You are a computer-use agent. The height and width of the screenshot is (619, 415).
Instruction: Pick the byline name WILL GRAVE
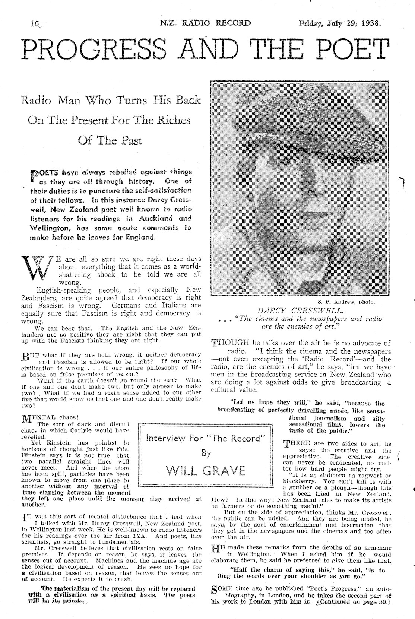pos(206,470)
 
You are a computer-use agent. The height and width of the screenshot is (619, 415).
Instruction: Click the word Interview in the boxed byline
pos(167,438)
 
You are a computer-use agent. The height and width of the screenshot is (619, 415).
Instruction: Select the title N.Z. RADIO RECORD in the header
pos(205,23)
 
